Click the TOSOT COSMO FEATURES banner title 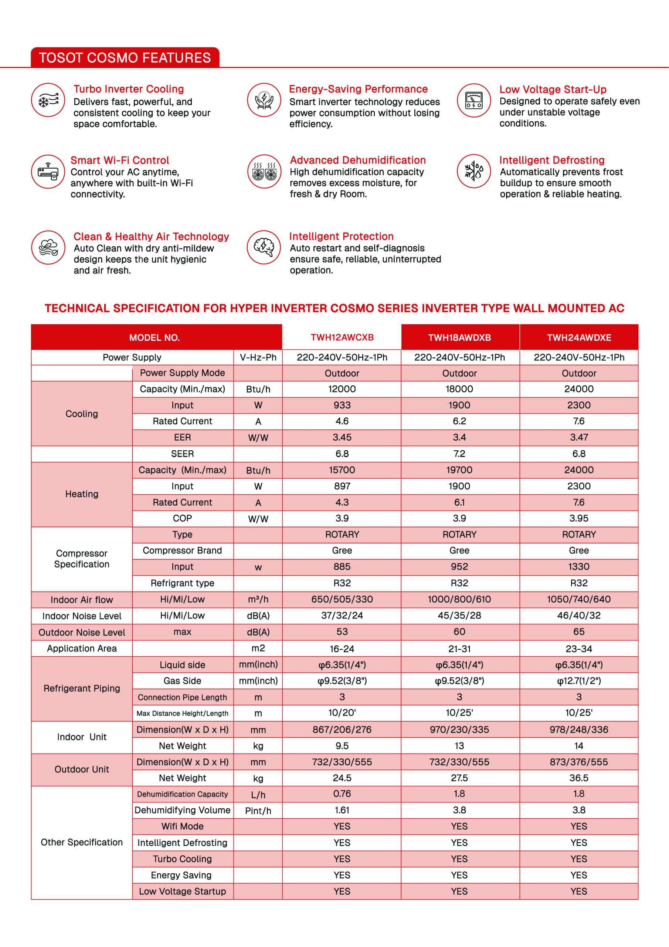coord(125,58)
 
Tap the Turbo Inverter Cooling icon coord(48,100)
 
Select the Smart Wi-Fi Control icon coord(48,172)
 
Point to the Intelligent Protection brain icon coord(264,247)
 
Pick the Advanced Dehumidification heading coord(357,160)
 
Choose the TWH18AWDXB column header coord(459,337)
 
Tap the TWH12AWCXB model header coord(342,337)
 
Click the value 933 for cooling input coord(342,405)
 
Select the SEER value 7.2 coord(459,454)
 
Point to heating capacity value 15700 coord(342,470)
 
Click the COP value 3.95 coord(579,519)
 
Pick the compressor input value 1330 coord(579,567)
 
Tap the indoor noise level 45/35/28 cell coord(459,616)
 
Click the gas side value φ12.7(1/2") coord(579,681)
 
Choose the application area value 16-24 coord(342,649)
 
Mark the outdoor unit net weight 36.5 coord(579,778)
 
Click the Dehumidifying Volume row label coord(182,810)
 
